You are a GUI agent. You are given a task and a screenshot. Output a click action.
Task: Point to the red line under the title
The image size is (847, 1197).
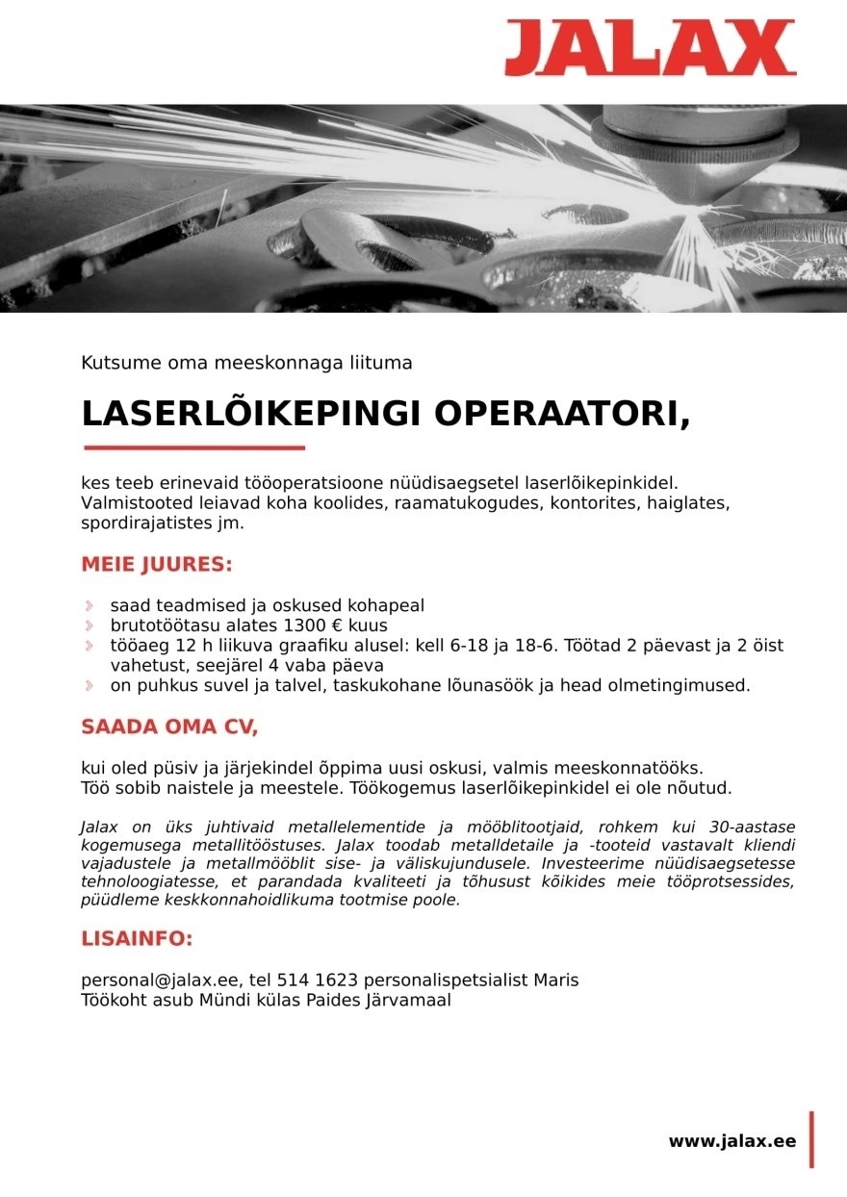click(x=193, y=447)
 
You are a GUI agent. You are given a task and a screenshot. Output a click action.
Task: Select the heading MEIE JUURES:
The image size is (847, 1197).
click(x=157, y=565)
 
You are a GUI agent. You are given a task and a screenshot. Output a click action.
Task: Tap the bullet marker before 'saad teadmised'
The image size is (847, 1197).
click(x=90, y=606)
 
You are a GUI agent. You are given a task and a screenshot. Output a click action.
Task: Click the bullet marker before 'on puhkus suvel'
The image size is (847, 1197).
click(x=90, y=686)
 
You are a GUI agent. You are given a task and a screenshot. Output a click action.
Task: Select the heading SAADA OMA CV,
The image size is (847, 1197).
click(x=169, y=727)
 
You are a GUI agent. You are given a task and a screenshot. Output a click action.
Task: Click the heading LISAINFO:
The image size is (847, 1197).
click(x=137, y=938)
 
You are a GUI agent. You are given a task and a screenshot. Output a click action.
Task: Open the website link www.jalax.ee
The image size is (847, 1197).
click(x=731, y=1141)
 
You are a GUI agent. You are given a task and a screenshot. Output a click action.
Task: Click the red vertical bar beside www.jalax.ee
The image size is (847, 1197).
click(x=811, y=1140)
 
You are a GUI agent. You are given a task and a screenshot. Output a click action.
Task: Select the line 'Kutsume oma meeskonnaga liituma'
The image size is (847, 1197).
click(x=246, y=364)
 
